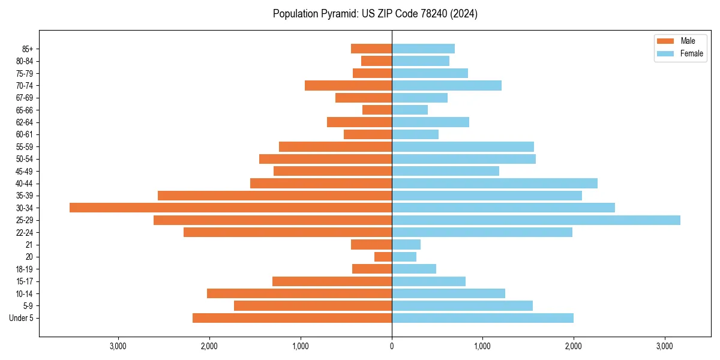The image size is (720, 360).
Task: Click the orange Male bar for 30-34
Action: [230, 208]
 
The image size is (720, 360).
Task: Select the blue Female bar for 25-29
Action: [536, 220]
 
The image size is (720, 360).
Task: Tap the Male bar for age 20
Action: [383, 257]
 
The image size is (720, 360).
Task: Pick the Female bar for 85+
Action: [423, 49]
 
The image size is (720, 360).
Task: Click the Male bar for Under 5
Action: [292, 318]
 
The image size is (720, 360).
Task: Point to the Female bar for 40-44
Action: [494, 183]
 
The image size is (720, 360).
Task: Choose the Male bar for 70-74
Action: [348, 85]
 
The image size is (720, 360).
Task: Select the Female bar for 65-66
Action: [410, 110]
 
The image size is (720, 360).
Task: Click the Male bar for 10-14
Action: [299, 293]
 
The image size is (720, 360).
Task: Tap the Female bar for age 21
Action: [406, 245]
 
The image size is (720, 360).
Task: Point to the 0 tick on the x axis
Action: [392, 346]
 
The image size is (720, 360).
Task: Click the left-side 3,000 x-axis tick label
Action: [118, 346]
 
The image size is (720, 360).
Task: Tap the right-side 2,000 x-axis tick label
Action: [574, 346]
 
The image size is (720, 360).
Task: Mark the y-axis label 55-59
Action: [25, 147]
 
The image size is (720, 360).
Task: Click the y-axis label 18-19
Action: [25, 269]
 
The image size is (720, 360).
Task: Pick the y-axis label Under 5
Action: [22, 318]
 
